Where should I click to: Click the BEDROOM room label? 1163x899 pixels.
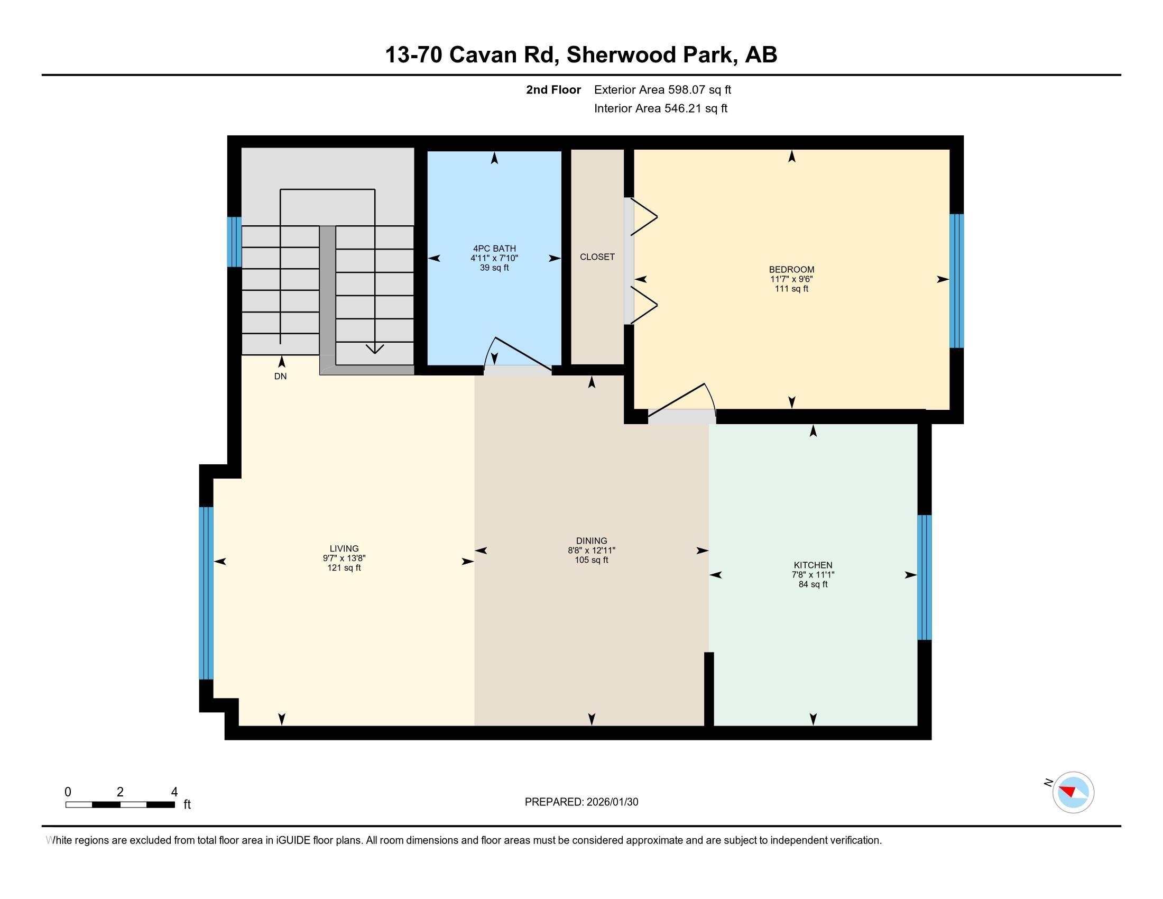(791, 269)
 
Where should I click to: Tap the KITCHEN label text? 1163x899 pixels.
(812, 565)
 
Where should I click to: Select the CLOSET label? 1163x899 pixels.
(597, 256)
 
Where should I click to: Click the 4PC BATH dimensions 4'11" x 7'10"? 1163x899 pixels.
(494, 258)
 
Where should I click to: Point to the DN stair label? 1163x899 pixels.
(280, 377)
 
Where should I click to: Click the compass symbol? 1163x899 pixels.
(1073, 792)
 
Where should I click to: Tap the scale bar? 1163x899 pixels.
(120, 804)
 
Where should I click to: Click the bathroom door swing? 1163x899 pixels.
(516, 354)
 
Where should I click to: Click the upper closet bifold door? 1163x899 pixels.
(643, 217)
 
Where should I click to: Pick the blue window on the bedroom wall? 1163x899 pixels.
(956, 281)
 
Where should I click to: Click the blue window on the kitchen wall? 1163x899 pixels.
(924, 577)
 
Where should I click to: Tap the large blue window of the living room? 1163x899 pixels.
(206, 593)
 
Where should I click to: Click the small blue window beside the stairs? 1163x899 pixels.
(234, 242)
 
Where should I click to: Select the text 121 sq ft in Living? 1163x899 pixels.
(344, 568)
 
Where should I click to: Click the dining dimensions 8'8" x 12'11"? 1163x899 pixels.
(591, 551)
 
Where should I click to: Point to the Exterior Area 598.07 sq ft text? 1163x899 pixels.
(662, 90)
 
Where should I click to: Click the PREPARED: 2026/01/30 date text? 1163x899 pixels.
(581, 802)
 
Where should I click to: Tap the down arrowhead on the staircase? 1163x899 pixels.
(375, 349)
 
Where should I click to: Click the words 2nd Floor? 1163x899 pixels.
(553, 90)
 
